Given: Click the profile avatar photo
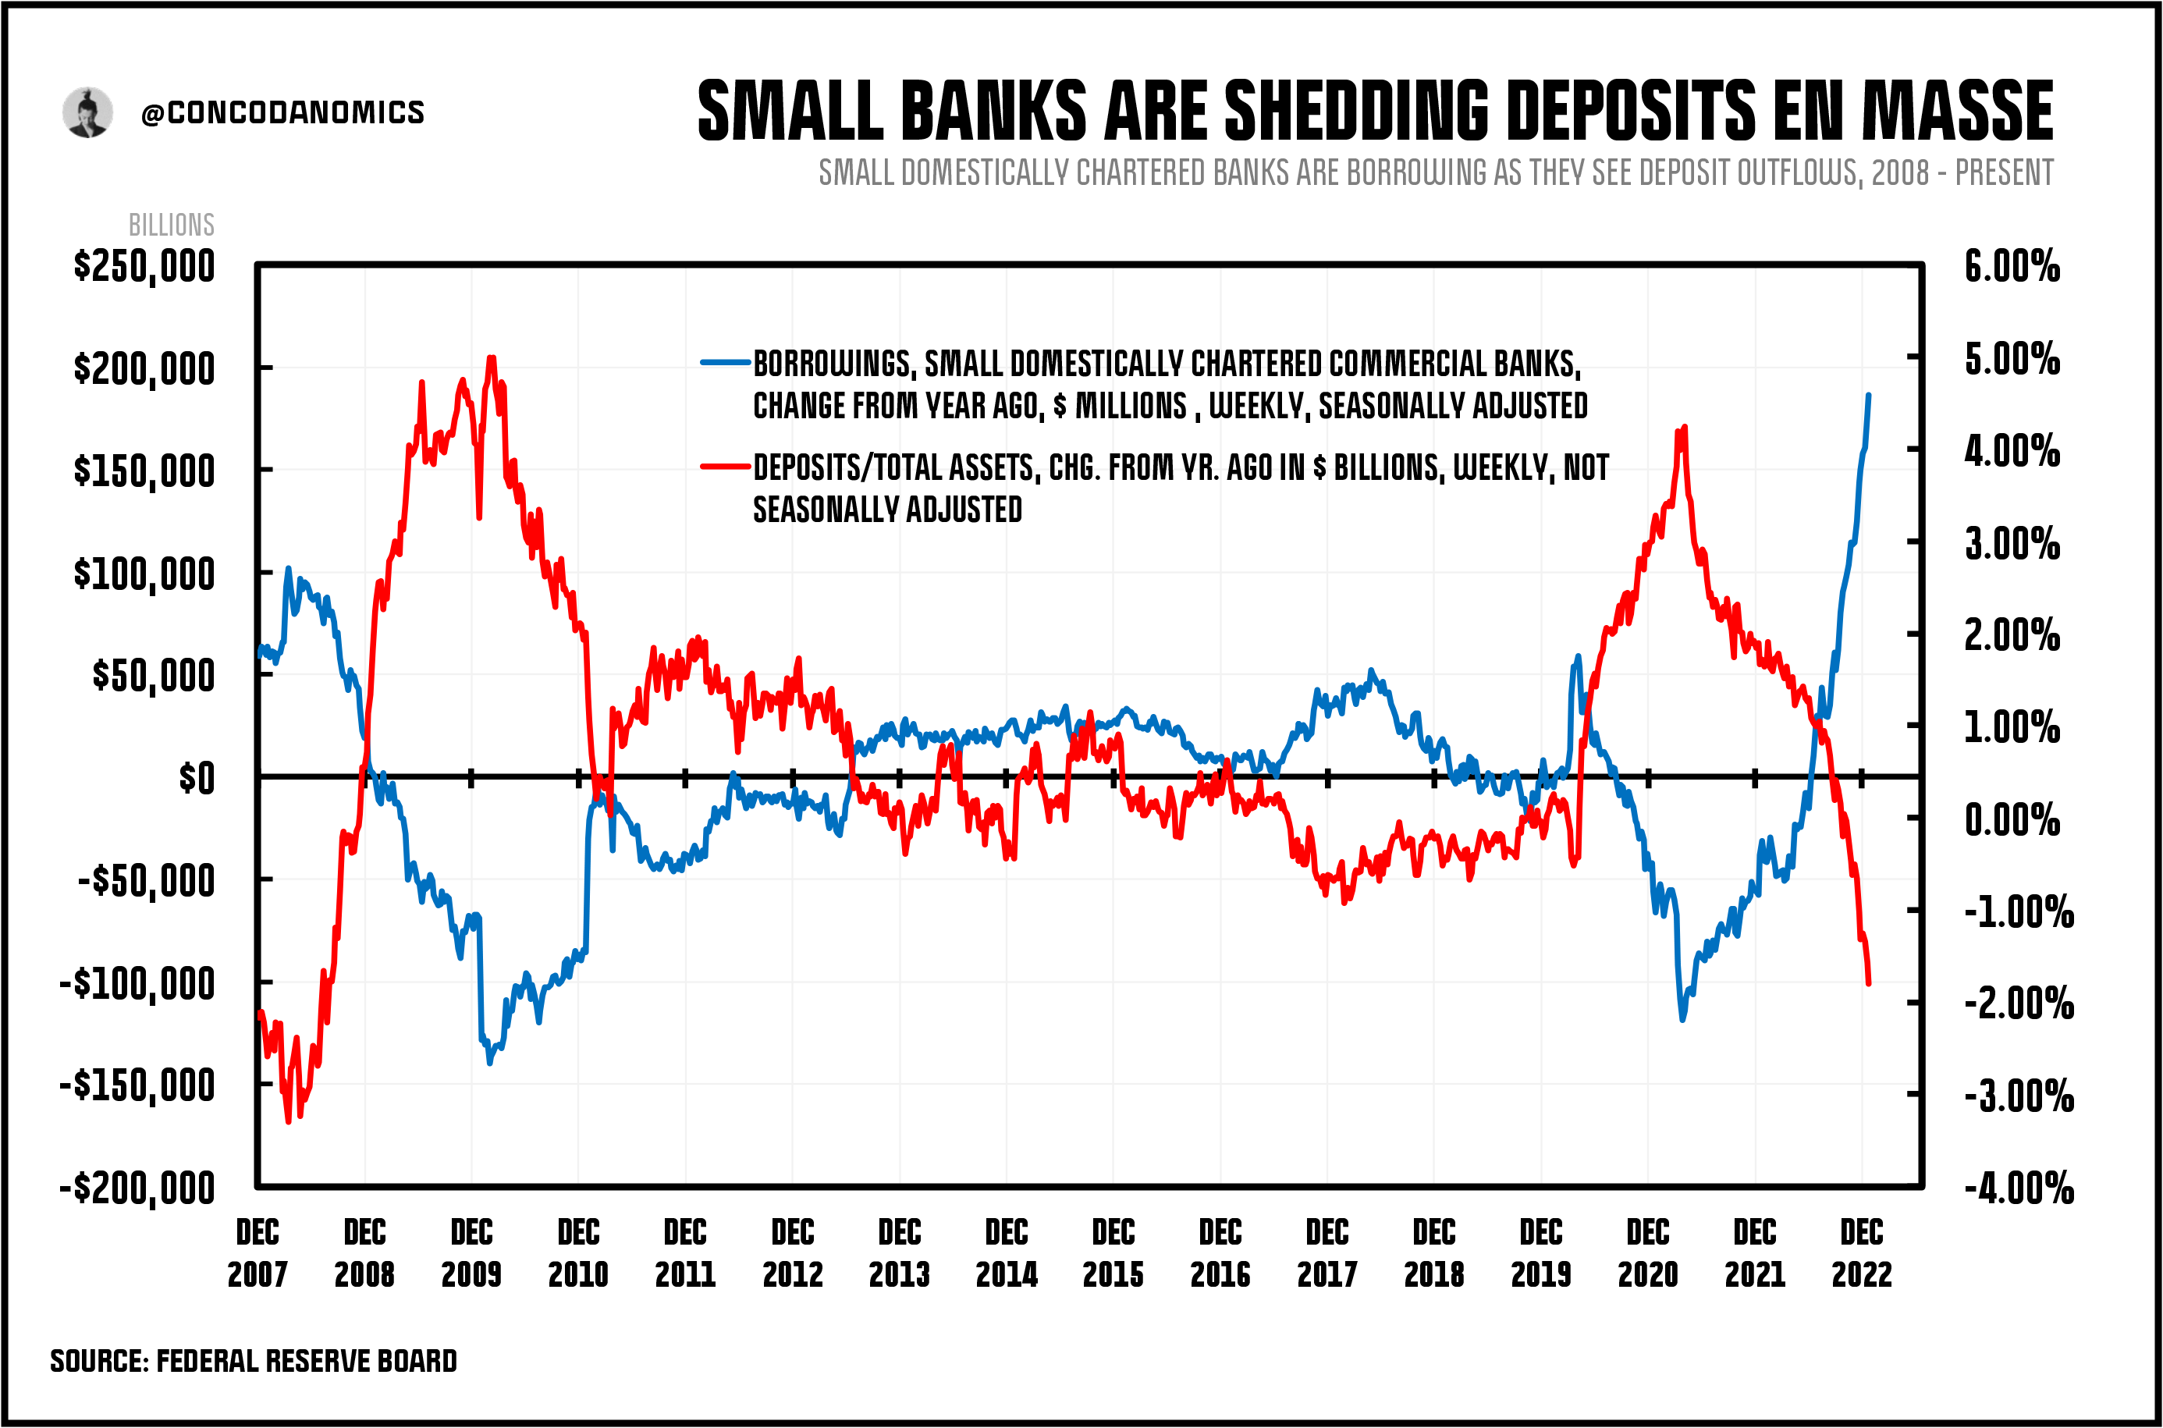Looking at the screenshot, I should pyautogui.click(x=87, y=113).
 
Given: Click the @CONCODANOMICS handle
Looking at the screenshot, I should pyautogui.click(x=282, y=113).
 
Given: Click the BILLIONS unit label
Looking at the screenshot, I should pyautogui.click(x=171, y=225).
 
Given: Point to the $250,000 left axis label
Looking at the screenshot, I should pyautogui.click(x=144, y=267).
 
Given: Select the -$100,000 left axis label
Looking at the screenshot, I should pyautogui.click(x=137, y=985).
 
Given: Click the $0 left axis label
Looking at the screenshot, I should pyautogui.click(x=196, y=779).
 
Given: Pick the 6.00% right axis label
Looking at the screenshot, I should pyautogui.click(x=2011, y=267).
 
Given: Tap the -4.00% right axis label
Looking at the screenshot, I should pyautogui.click(x=2018, y=1188).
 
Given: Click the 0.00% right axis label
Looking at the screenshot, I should pyautogui.click(x=2011, y=819).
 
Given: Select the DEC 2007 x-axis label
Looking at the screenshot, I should pyautogui.click(x=257, y=1253).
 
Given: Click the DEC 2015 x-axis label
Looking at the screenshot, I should pyautogui.click(x=1113, y=1253).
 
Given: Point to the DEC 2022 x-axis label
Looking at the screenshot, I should pyautogui.click(x=1862, y=1253).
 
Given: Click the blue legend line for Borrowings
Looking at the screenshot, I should pyautogui.click(x=725, y=363).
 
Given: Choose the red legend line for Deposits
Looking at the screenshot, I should pyautogui.click(x=725, y=467).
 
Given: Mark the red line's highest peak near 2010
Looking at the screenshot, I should pyautogui.click(x=492, y=358).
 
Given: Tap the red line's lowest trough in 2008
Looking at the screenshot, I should pyautogui.click(x=289, y=1121).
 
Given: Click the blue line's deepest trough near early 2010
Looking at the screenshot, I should pyautogui.click(x=490, y=1062).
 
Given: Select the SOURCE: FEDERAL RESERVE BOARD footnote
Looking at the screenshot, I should pyautogui.click(x=253, y=1361).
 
